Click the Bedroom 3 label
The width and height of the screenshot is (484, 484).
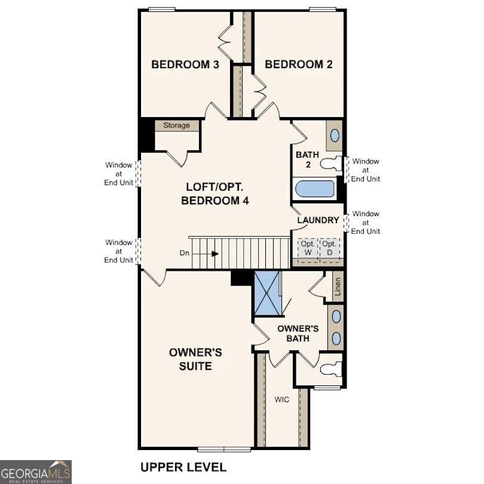[x=184, y=65]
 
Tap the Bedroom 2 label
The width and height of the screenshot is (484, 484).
[x=298, y=65]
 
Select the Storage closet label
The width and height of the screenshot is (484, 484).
[x=176, y=125]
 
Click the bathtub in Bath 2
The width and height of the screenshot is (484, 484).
[x=315, y=188]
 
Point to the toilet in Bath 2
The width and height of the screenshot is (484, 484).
[x=330, y=163]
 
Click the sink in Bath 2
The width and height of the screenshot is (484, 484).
[x=335, y=136]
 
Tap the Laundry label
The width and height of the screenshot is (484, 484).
[x=318, y=220]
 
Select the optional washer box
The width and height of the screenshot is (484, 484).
[x=308, y=248]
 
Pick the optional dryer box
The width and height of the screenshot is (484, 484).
[x=329, y=248]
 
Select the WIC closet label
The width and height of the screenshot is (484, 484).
[x=282, y=399]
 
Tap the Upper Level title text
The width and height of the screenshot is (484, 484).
[x=183, y=467]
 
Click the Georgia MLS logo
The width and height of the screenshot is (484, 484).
[x=36, y=471]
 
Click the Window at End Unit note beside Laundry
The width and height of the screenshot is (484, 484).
[x=365, y=222]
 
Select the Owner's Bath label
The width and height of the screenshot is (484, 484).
[x=297, y=333]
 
